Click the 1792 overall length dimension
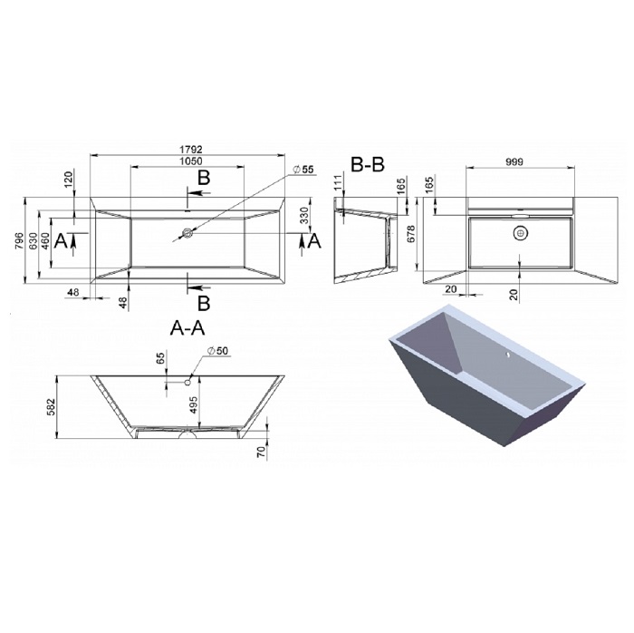point(191,150)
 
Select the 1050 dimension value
point(191,161)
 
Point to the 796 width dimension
point(19,241)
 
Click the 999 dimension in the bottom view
point(514,162)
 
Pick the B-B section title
point(368,164)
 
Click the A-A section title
point(187,328)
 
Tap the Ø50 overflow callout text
point(218,350)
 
